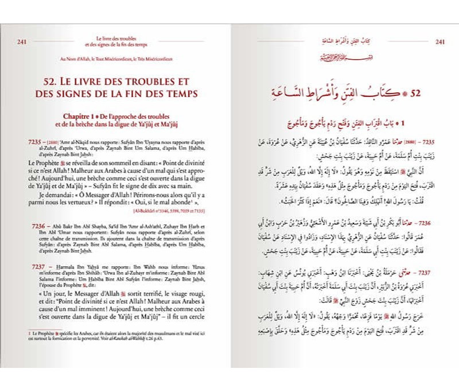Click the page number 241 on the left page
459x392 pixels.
[22, 41]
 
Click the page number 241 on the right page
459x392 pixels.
[441, 41]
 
